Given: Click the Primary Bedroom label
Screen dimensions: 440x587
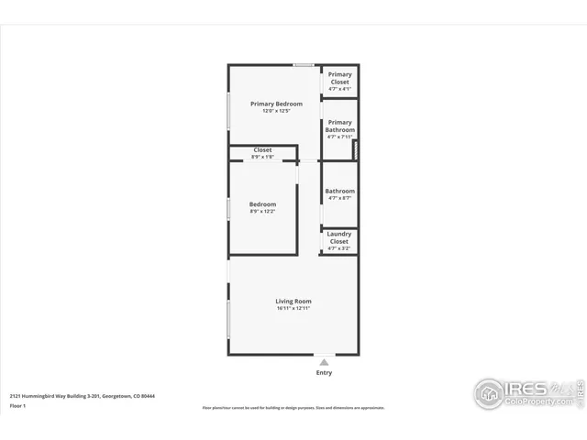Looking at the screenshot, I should coord(276,104).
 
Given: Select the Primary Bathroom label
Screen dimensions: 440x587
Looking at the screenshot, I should coord(339,126).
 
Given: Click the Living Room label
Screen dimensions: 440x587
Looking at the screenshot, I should coord(293,301).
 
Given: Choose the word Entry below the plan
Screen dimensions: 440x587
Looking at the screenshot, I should coord(324,373).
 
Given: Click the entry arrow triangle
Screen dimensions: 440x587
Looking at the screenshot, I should coord(324,363).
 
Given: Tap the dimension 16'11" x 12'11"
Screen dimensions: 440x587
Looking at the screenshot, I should coord(293,308).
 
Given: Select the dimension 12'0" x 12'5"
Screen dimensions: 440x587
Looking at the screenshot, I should coord(276,111).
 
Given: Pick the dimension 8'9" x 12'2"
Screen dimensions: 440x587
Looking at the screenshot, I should coord(263,212).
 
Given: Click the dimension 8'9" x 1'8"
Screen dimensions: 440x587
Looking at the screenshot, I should coord(263,157).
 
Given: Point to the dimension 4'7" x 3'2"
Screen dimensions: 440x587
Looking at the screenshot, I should coord(339,248).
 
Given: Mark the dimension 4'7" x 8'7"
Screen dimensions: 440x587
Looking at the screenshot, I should coord(339,198).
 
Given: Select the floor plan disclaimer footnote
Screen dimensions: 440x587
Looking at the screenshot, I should coord(293,407).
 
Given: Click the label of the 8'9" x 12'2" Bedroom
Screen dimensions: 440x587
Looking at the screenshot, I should coord(263,204).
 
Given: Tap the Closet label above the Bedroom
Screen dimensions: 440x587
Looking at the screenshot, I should coord(263,149).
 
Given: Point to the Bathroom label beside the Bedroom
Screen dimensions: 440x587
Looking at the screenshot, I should coord(339,191).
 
